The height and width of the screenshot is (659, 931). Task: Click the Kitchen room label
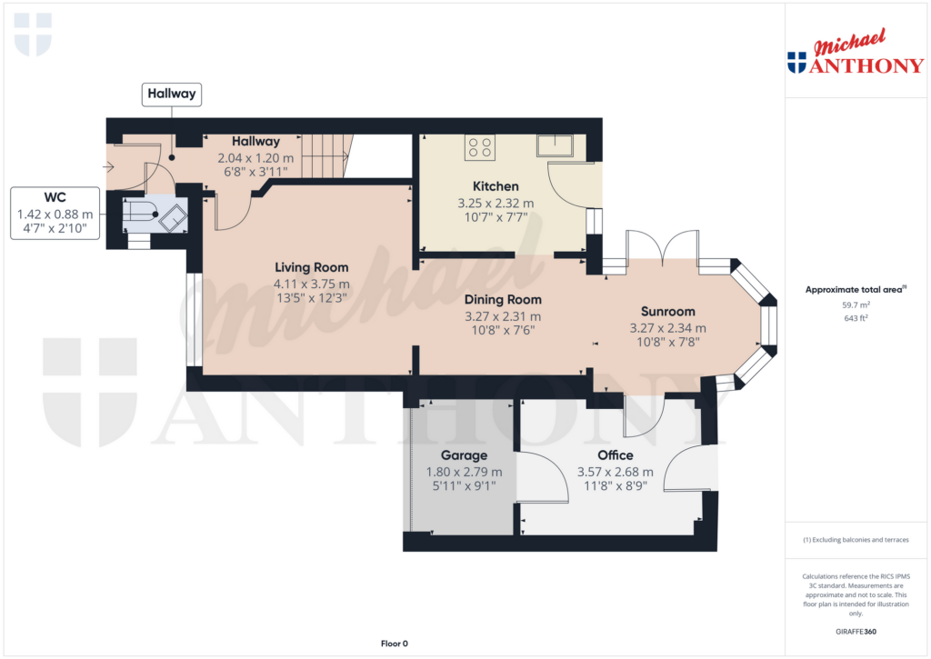pos(496,186)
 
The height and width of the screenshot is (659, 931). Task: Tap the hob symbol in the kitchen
pos(479,146)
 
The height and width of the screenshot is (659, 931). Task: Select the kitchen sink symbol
pos(553,146)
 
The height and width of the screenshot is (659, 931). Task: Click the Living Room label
pos(312,267)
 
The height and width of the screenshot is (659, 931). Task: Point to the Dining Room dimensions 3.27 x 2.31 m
pos(503,316)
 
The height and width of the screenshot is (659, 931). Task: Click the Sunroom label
pos(667,310)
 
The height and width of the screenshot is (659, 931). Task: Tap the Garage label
pos(464,454)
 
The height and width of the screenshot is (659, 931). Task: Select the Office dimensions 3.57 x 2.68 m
pos(616,472)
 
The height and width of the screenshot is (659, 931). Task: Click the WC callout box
pos(55,214)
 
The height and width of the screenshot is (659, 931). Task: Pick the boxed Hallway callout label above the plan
pos(172,94)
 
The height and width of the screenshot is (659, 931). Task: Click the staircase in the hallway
pos(325,155)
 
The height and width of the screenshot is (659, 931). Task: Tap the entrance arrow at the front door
pos(110,166)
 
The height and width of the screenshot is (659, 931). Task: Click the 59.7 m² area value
pos(856,305)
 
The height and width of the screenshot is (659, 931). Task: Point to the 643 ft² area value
pos(856,318)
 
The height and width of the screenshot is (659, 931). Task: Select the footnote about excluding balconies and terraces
pos(856,540)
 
